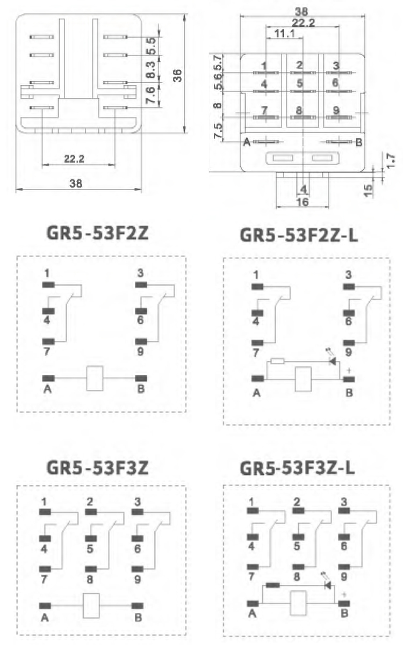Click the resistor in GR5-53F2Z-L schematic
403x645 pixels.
click(278, 361)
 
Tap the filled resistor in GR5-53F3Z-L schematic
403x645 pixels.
click(272, 585)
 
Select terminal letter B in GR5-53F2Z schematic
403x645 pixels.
click(141, 389)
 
